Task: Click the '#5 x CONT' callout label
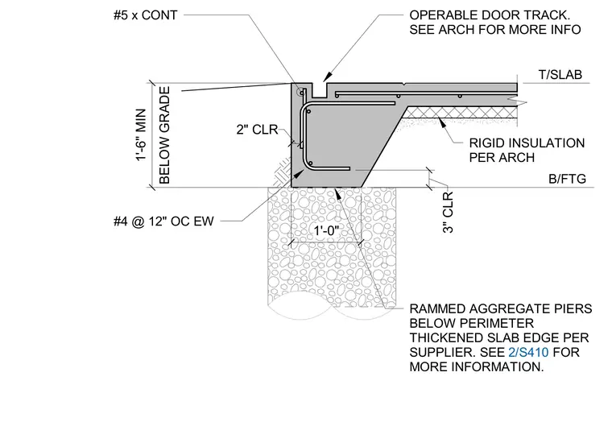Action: (145, 15)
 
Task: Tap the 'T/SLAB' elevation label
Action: (560, 75)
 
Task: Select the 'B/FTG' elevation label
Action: (567, 179)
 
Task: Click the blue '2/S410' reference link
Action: (528, 352)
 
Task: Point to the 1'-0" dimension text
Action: (326, 231)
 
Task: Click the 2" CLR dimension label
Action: (257, 129)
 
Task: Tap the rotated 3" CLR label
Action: (448, 213)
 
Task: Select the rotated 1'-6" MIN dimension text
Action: (141, 134)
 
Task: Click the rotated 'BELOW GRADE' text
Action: (165, 135)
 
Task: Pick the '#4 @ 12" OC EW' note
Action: (163, 221)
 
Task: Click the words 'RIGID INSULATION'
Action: (527, 143)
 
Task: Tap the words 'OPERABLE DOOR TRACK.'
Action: (490, 15)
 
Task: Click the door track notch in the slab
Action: (320, 90)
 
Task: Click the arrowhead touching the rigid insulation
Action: (441, 122)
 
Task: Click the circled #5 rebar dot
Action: (301, 93)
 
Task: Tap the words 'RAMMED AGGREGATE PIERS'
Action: (501, 308)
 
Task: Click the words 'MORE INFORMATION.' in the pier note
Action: (477, 367)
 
